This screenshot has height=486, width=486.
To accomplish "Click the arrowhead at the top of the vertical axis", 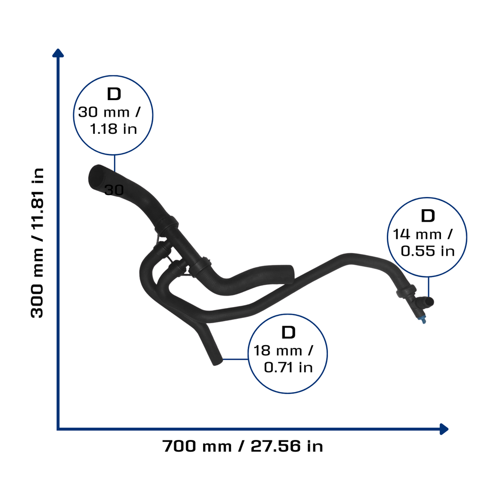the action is click(x=58, y=53).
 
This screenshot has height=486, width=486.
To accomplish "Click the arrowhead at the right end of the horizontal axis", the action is click(x=444, y=429).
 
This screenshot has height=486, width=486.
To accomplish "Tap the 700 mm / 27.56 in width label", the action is click(x=243, y=446).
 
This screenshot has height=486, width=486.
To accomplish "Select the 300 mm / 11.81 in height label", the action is click(x=37, y=243).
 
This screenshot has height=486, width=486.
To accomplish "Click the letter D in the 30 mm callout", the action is click(x=114, y=94).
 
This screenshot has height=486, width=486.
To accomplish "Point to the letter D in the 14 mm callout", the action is click(x=428, y=216).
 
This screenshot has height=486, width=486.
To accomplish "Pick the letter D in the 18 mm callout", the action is click(x=288, y=332).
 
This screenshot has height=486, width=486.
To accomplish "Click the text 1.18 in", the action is click(x=113, y=129).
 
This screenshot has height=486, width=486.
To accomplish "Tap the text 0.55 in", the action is click(x=428, y=251).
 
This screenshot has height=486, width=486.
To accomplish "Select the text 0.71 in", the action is click(x=288, y=368).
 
